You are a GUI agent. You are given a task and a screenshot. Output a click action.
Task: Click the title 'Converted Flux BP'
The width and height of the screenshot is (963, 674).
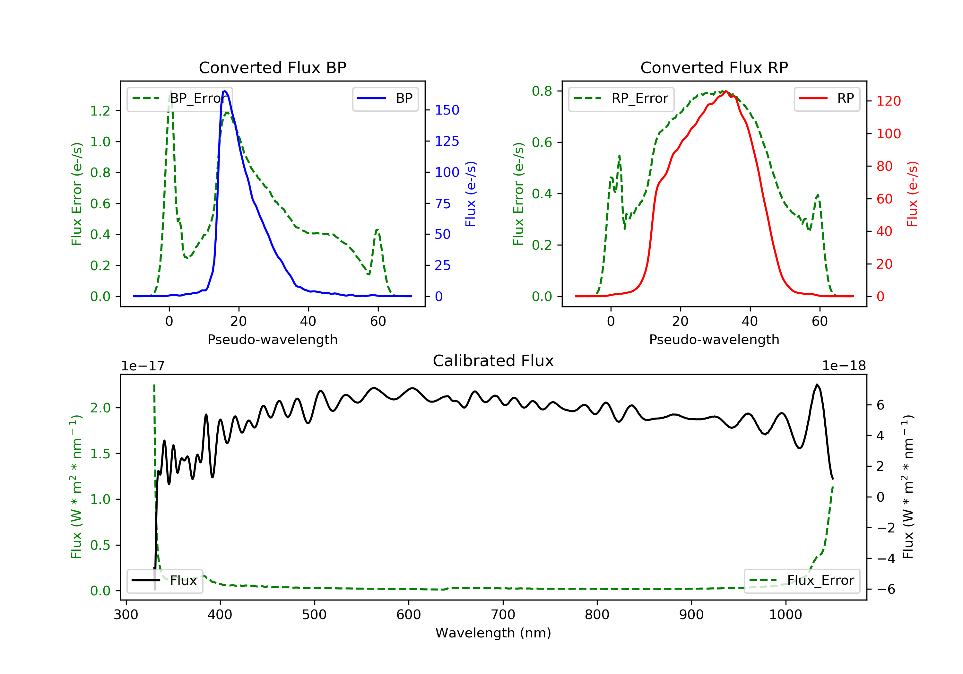pyautogui.click(x=272, y=67)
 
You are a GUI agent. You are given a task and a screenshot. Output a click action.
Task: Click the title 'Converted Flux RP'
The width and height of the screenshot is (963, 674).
pyautogui.click(x=714, y=67)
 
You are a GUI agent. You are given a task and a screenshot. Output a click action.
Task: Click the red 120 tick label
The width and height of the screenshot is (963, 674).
pyautogui.click(x=888, y=101)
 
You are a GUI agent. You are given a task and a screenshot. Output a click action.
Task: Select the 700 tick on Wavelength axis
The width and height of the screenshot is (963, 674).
pyautogui.click(x=503, y=615)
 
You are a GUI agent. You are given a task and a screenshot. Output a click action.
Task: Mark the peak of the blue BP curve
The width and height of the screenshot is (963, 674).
pyautogui.click(x=225, y=91)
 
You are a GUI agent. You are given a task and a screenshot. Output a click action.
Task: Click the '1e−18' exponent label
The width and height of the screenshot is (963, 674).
pyautogui.click(x=844, y=366)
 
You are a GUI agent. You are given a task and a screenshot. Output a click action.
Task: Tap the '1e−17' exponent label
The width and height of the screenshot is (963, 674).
pyautogui.click(x=143, y=366)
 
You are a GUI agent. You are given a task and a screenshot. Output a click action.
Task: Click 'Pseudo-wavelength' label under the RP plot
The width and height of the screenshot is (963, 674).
pyautogui.click(x=714, y=339)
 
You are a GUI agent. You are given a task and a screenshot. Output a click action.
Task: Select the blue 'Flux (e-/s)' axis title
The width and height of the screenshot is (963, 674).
pyautogui.click(x=471, y=194)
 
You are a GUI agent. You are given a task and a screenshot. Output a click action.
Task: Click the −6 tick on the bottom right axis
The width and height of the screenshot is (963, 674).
pyautogui.click(x=886, y=589)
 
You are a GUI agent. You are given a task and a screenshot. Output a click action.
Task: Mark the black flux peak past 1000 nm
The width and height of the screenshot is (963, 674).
pyautogui.click(x=817, y=385)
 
